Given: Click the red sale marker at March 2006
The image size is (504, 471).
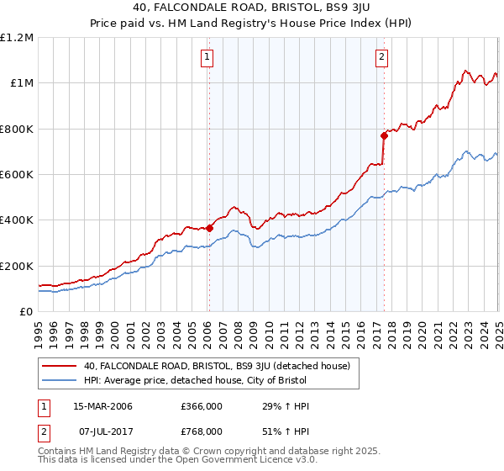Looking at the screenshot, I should (210, 228).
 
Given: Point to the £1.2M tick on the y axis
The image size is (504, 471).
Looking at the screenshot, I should (17, 38).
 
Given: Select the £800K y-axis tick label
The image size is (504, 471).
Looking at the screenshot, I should (17, 130).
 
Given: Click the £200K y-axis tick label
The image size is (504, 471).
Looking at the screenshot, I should (17, 266).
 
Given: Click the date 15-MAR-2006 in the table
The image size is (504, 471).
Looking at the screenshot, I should (102, 407).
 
